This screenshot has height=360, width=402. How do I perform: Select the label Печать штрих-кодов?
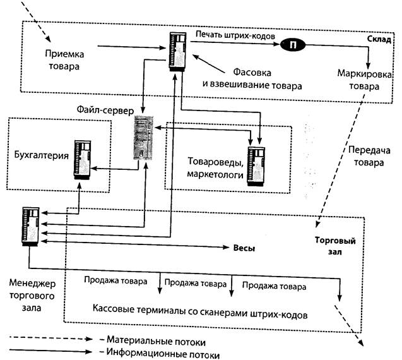(235, 35)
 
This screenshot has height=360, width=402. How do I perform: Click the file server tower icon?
(143, 138)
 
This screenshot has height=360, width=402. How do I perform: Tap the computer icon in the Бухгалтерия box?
(83, 160)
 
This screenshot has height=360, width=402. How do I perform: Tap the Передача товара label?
(364, 156)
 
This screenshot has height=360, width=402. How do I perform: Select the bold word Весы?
(244, 248)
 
